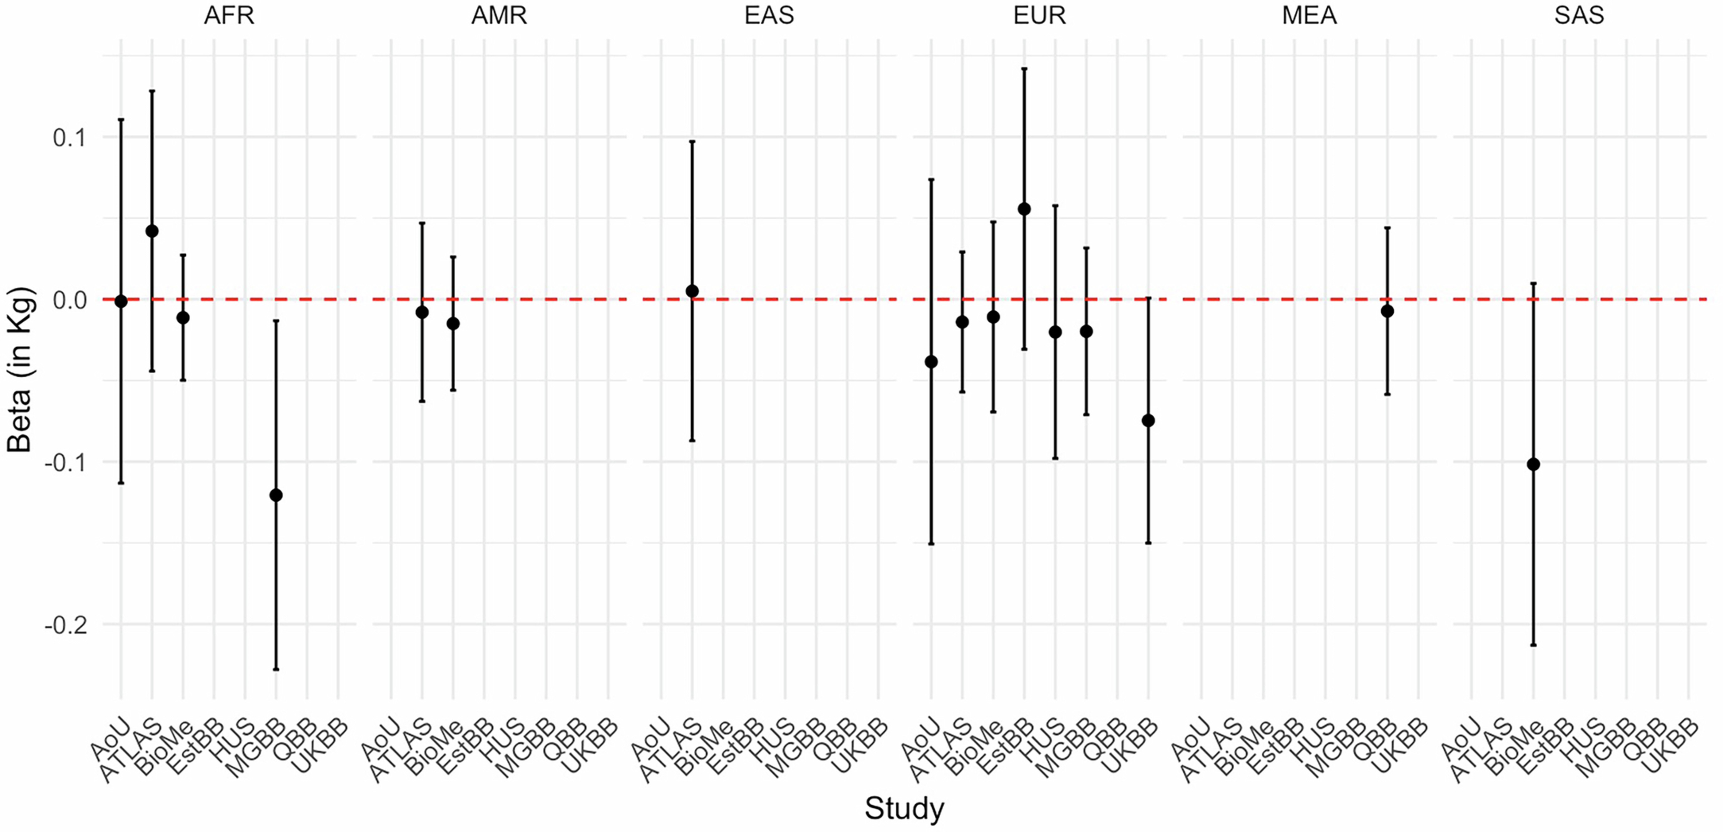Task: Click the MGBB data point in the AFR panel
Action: [x=275, y=495]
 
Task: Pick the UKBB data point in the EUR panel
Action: [x=1149, y=420]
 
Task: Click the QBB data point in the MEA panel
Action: [x=1387, y=311]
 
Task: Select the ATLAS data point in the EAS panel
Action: [x=692, y=291]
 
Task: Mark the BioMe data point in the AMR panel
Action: [x=453, y=323]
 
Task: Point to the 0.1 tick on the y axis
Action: [x=70, y=138]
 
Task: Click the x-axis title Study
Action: [x=904, y=808]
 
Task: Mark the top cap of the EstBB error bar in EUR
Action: [x=1024, y=68]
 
